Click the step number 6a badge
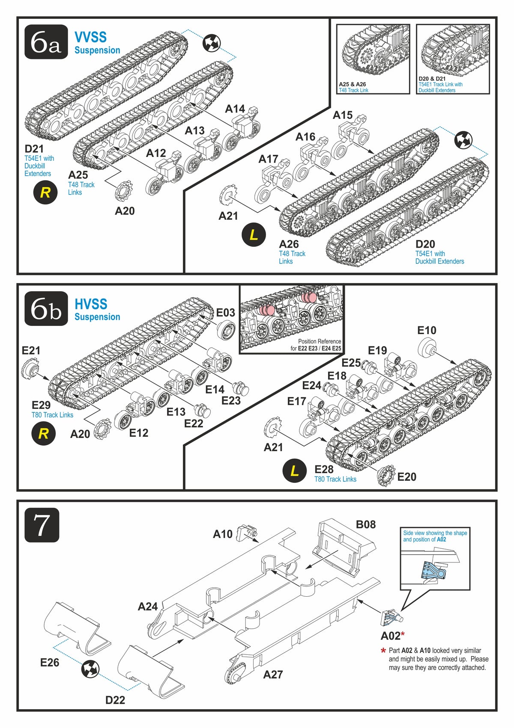[x=46, y=41]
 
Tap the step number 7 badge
[x=42, y=525]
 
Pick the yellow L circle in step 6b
[x=294, y=471]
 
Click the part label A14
[x=235, y=109]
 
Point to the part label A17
[x=268, y=159]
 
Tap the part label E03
[x=225, y=313]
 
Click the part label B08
[x=365, y=524]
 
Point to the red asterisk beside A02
[x=403, y=634]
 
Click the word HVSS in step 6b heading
[x=91, y=304]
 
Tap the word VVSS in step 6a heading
[x=90, y=37]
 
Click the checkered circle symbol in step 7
[x=90, y=669]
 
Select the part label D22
[x=115, y=700]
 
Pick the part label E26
[x=50, y=662]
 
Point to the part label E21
[x=31, y=351]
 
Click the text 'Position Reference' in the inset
[x=319, y=341]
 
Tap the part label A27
[x=273, y=675]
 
